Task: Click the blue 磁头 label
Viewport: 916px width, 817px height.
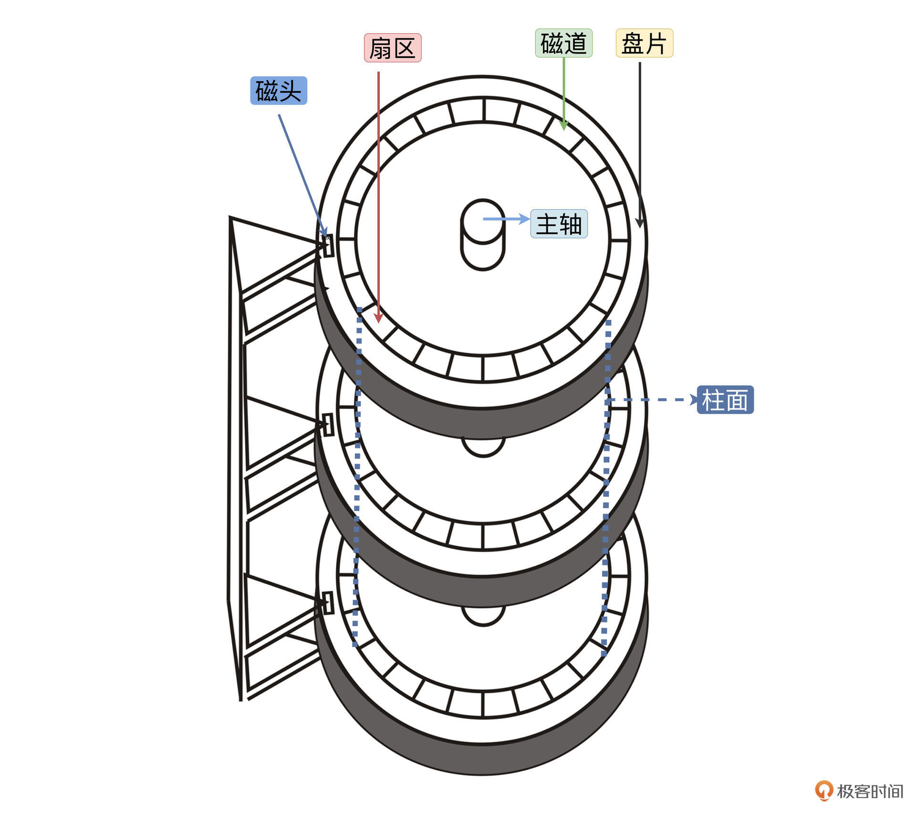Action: [279, 91]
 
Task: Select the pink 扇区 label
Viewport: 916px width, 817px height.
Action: [393, 48]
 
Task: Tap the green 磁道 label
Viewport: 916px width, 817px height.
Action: [564, 43]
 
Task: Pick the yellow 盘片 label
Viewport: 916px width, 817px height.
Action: [645, 43]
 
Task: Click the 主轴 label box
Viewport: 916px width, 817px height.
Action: [559, 224]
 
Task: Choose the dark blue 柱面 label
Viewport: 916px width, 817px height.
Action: [725, 400]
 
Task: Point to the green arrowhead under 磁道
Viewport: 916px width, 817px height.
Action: [564, 125]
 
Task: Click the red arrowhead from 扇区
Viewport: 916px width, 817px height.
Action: [378, 318]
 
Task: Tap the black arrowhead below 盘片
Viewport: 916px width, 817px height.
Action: [640, 223]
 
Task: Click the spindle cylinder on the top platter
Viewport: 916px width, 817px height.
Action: [483, 234]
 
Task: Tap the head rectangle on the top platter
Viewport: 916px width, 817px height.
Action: [328, 245]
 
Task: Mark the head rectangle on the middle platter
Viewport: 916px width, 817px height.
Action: [328, 425]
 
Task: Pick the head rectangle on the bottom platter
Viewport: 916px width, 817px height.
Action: [328, 603]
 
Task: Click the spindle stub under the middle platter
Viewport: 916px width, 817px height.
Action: [483, 447]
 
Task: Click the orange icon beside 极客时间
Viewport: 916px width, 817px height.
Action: [824, 791]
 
